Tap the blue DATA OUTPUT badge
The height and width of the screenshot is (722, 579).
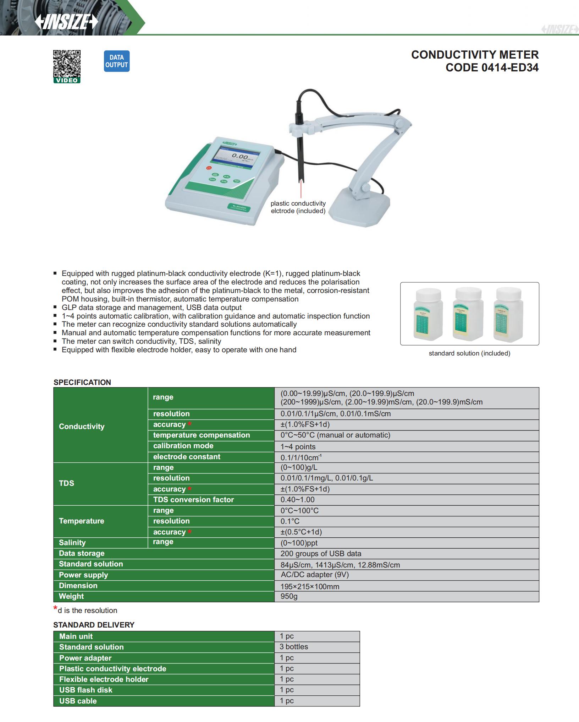(116, 61)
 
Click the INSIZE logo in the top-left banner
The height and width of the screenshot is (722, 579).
(66, 22)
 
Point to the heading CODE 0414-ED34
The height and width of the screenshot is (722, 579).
(492, 67)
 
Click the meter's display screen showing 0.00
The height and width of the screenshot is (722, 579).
(237, 157)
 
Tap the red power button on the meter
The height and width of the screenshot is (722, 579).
(209, 168)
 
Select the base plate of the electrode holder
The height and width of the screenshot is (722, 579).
(362, 208)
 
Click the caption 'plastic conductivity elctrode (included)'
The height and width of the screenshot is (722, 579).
(298, 207)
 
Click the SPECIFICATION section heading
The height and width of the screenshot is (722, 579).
(82, 382)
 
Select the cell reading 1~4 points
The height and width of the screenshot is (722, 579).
(298, 446)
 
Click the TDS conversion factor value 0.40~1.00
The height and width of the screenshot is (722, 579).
(297, 500)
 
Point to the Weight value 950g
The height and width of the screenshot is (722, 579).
(289, 596)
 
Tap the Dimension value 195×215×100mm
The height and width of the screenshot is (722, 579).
(310, 586)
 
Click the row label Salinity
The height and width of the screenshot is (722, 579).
(72, 543)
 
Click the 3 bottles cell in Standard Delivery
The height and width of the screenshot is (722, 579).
(294, 647)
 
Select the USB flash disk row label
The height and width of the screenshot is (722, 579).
(86, 690)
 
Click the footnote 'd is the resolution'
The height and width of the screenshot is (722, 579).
(87, 610)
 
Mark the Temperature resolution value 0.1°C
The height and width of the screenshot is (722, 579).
(290, 521)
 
